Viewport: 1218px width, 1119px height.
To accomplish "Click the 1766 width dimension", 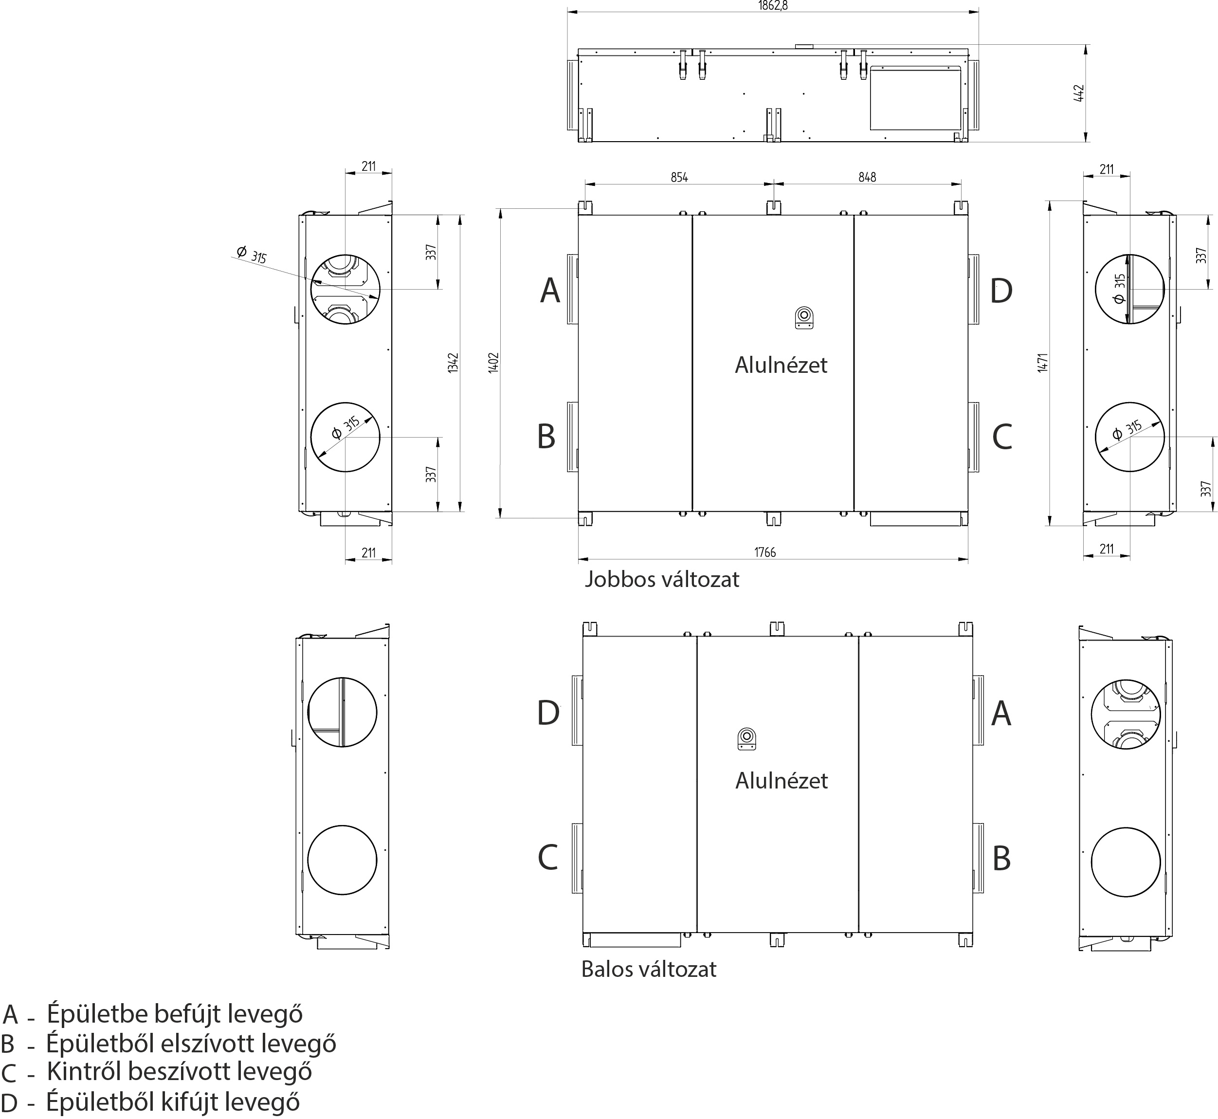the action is (764, 551).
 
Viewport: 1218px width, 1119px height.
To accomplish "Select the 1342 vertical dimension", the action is (454, 363).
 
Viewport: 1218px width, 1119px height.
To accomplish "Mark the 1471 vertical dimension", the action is (1042, 363).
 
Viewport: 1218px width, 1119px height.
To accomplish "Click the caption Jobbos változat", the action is (662, 580).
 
